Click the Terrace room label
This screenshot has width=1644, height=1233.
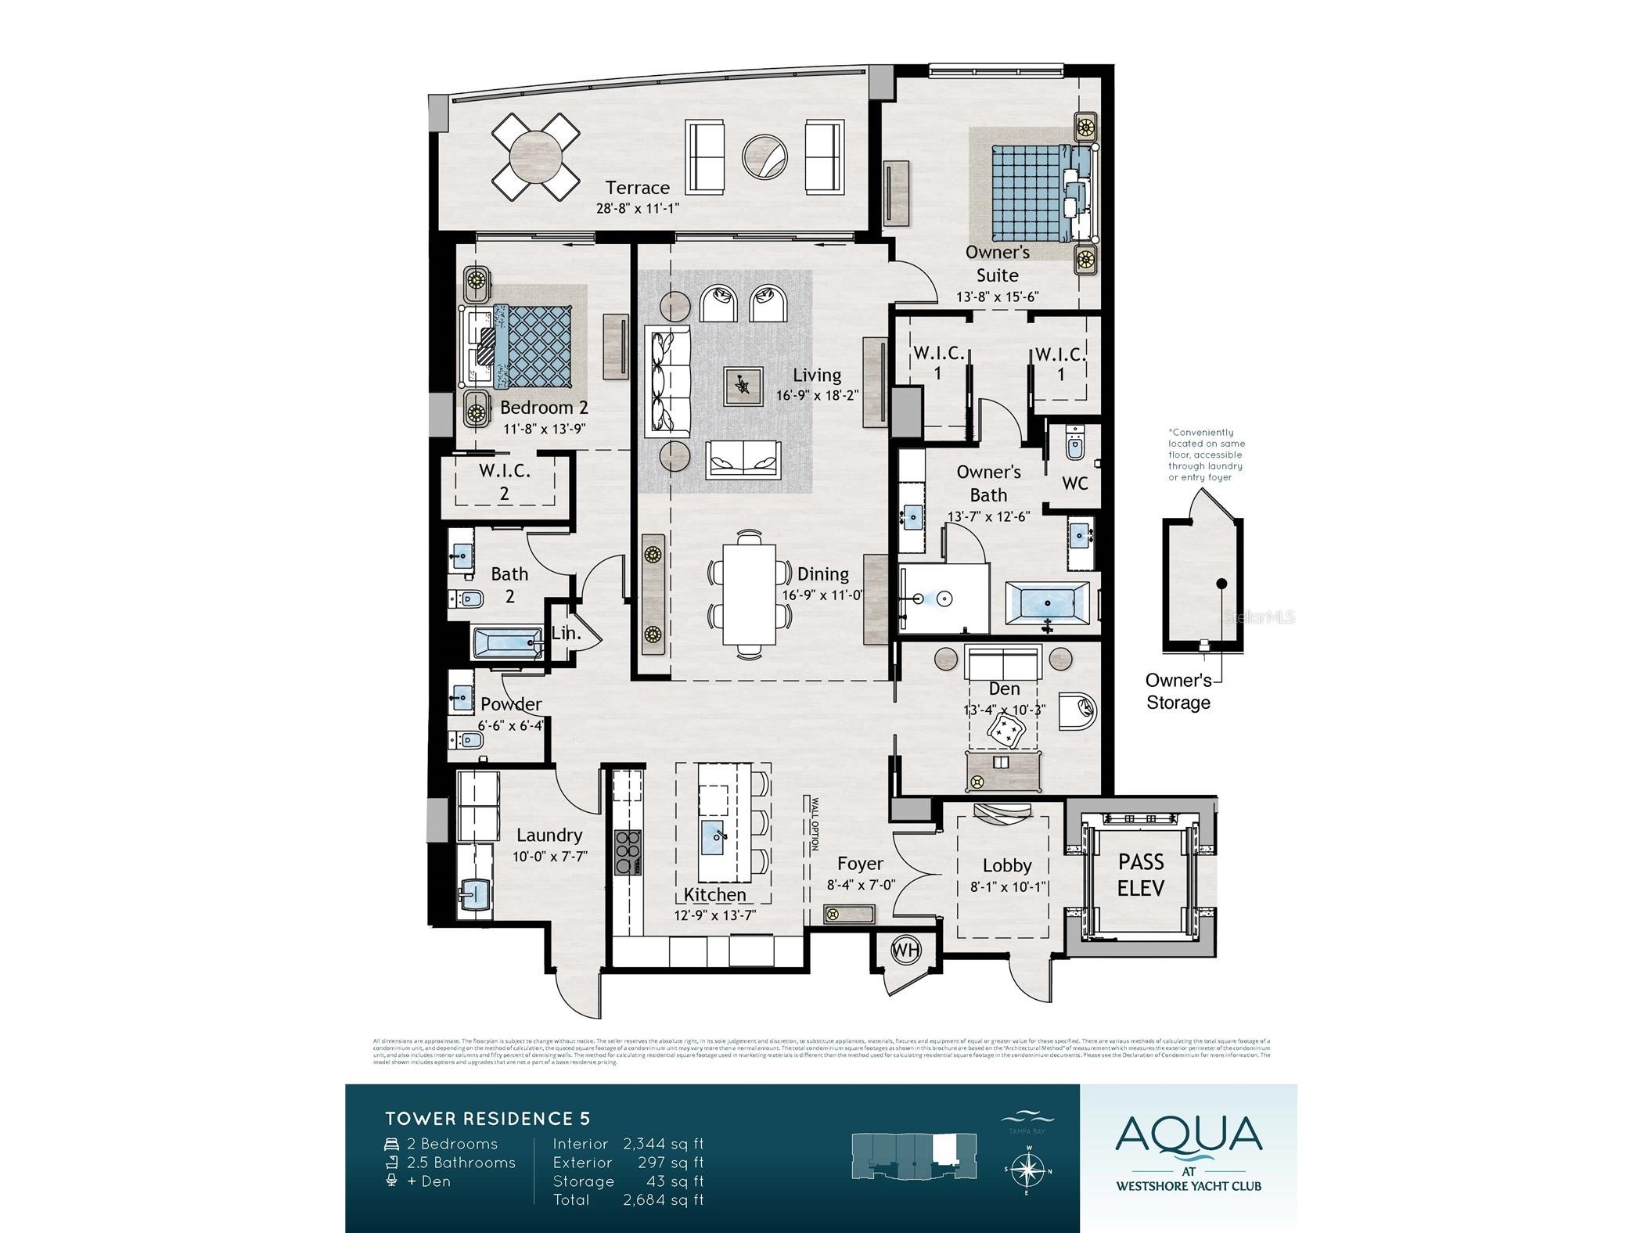click(x=637, y=188)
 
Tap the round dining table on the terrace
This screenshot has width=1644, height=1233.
click(x=536, y=156)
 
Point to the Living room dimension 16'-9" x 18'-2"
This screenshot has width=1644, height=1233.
click(x=817, y=396)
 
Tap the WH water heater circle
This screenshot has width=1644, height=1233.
click(x=906, y=951)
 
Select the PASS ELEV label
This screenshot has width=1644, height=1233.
click(x=1140, y=875)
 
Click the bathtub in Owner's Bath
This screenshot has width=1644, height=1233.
click(x=1047, y=603)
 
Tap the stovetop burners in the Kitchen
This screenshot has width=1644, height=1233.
click(x=628, y=851)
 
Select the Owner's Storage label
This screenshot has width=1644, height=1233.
click(x=1178, y=692)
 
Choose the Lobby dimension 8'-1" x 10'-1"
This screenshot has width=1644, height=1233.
click(x=1007, y=886)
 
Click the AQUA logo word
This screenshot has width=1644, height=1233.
click(x=1188, y=1135)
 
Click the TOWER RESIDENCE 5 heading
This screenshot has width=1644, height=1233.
click(x=487, y=1119)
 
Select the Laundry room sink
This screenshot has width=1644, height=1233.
click(x=475, y=891)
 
